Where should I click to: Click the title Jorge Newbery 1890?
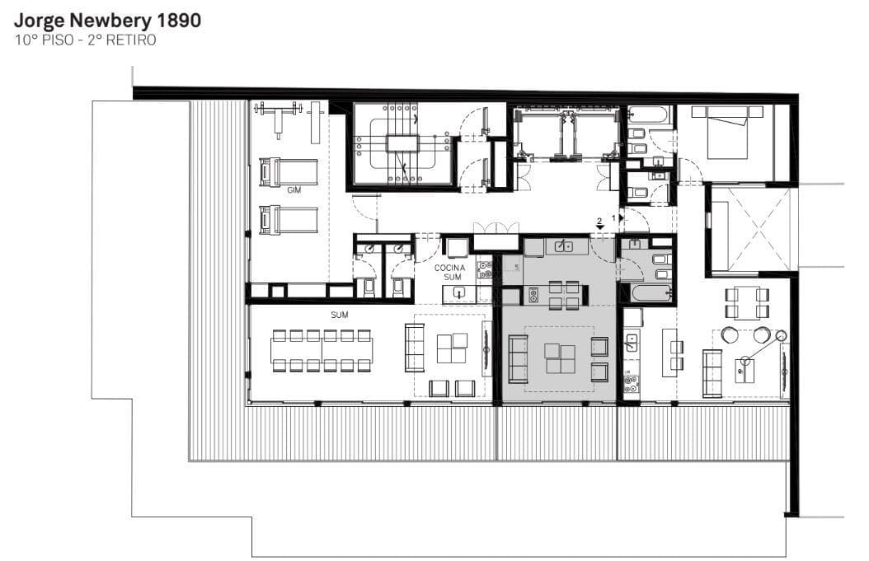pos(107,21)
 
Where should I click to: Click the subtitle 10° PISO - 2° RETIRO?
pos(86,40)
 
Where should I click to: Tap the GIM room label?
pos(294,190)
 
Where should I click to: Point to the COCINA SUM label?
pos(450,272)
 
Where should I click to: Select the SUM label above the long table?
pos(339,315)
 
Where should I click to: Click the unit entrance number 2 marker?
pos(599,223)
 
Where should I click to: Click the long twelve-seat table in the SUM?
pos(322,350)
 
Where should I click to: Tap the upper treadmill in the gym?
pos(289,172)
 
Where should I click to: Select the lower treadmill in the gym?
pos(289,220)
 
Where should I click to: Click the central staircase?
pos(403,143)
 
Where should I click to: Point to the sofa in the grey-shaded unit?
pos(519,359)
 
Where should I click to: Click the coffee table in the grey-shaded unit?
pos(560,358)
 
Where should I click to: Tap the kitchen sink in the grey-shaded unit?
pos(564,245)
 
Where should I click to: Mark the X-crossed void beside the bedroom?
pos(751,228)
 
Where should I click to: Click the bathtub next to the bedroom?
pos(650,115)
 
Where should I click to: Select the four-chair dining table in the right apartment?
pos(746,302)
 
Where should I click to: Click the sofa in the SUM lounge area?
pos(414,348)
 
